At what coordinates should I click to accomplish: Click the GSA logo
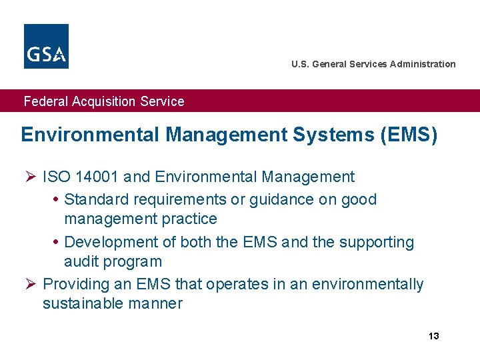[x=46, y=46]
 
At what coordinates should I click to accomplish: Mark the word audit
[x=79, y=261]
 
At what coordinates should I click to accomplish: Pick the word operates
[x=237, y=284]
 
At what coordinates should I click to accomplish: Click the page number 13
[x=433, y=335]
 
